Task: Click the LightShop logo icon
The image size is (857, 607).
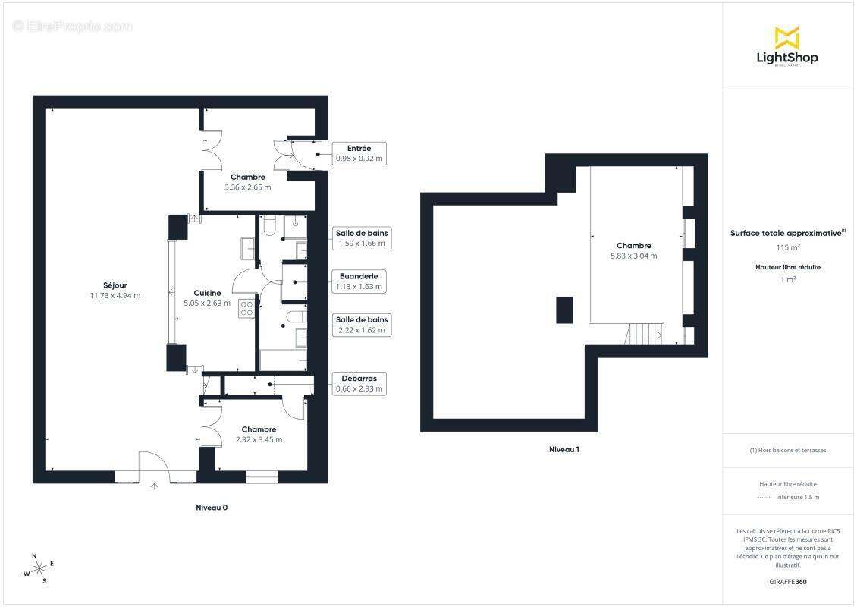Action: tap(786, 37)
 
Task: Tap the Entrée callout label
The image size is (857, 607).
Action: tap(359, 153)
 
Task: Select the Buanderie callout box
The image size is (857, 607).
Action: tap(359, 281)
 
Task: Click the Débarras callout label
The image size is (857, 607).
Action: tap(359, 383)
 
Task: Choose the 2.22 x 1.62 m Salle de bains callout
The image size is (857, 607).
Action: tap(362, 325)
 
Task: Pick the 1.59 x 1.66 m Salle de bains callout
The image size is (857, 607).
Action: tap(362, 238)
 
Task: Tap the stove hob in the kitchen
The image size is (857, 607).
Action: tap(246, 307)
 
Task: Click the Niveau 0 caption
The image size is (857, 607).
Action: tap(212, 508)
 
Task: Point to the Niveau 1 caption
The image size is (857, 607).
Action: tap(564, 449)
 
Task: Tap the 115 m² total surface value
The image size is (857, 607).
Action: tap(788, 247)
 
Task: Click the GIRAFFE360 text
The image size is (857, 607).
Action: tap(788, 582)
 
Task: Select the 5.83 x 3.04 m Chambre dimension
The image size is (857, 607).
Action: tap(633, 256)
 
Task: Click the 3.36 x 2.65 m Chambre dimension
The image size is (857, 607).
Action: tap(247, 187)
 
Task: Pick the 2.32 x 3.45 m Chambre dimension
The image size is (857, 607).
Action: tap(259, 439)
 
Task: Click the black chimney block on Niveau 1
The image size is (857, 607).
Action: tap(565, 310)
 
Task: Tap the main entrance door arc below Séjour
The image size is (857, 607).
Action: tap(154, 464)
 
